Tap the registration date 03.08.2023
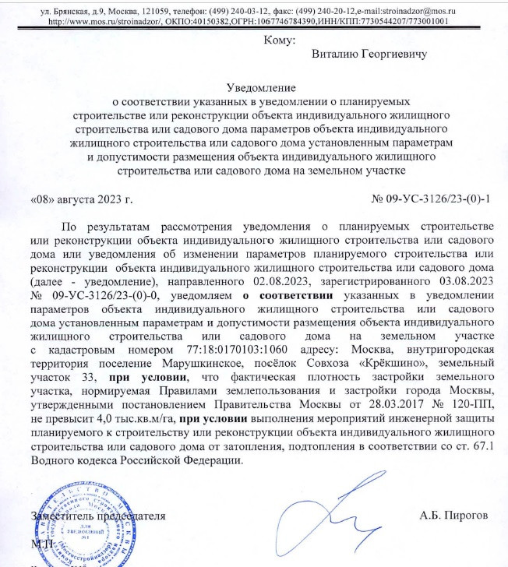pyautogui.click(x=463, y=280)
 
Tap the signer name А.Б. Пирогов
pyautogui.click(x=452, y=516)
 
